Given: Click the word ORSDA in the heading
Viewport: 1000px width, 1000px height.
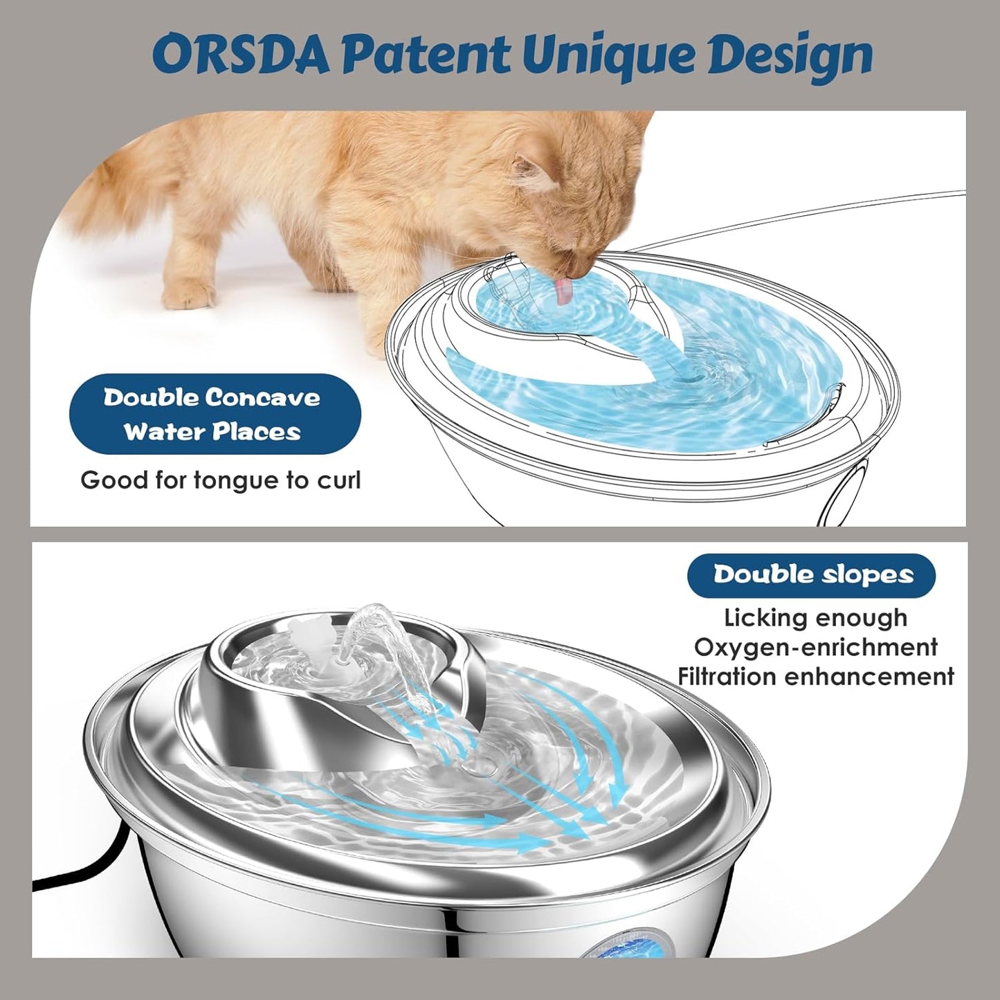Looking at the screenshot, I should click(241, 55).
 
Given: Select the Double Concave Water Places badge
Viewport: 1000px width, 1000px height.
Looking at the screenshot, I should click(215, 415).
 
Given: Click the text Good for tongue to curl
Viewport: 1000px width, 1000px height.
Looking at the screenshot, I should click(221, 480).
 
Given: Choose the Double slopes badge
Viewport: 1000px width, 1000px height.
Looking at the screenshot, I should click(811, 575).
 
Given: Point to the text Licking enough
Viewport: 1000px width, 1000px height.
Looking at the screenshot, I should click(815, 617).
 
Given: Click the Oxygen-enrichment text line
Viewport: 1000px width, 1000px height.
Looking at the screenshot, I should click(815, 647).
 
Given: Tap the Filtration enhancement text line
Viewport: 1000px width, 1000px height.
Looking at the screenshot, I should click(815, 676).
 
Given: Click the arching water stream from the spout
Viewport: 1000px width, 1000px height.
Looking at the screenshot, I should click(377, 623).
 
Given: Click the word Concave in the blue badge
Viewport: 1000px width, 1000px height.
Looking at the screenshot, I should click(263, 398).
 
